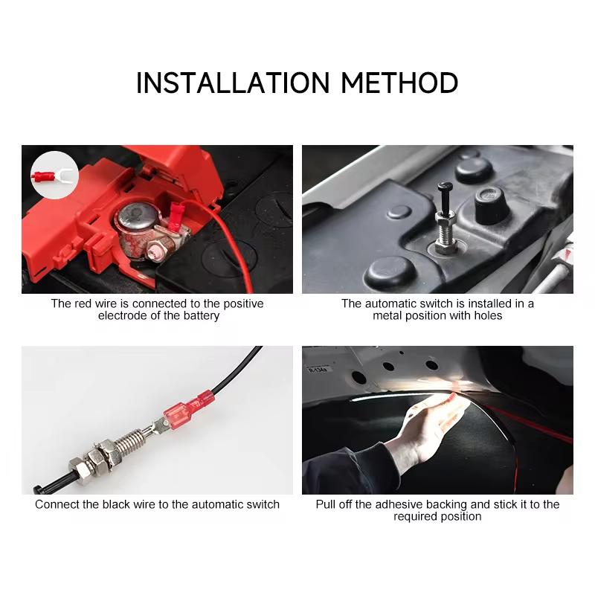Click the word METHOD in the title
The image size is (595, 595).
tap(400, 83)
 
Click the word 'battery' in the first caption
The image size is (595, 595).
tap(202, 315)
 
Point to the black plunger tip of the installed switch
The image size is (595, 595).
tap(443, 190)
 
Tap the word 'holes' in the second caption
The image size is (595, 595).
tap(486, 315)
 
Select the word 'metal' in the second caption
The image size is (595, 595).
tap(387, 315)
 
